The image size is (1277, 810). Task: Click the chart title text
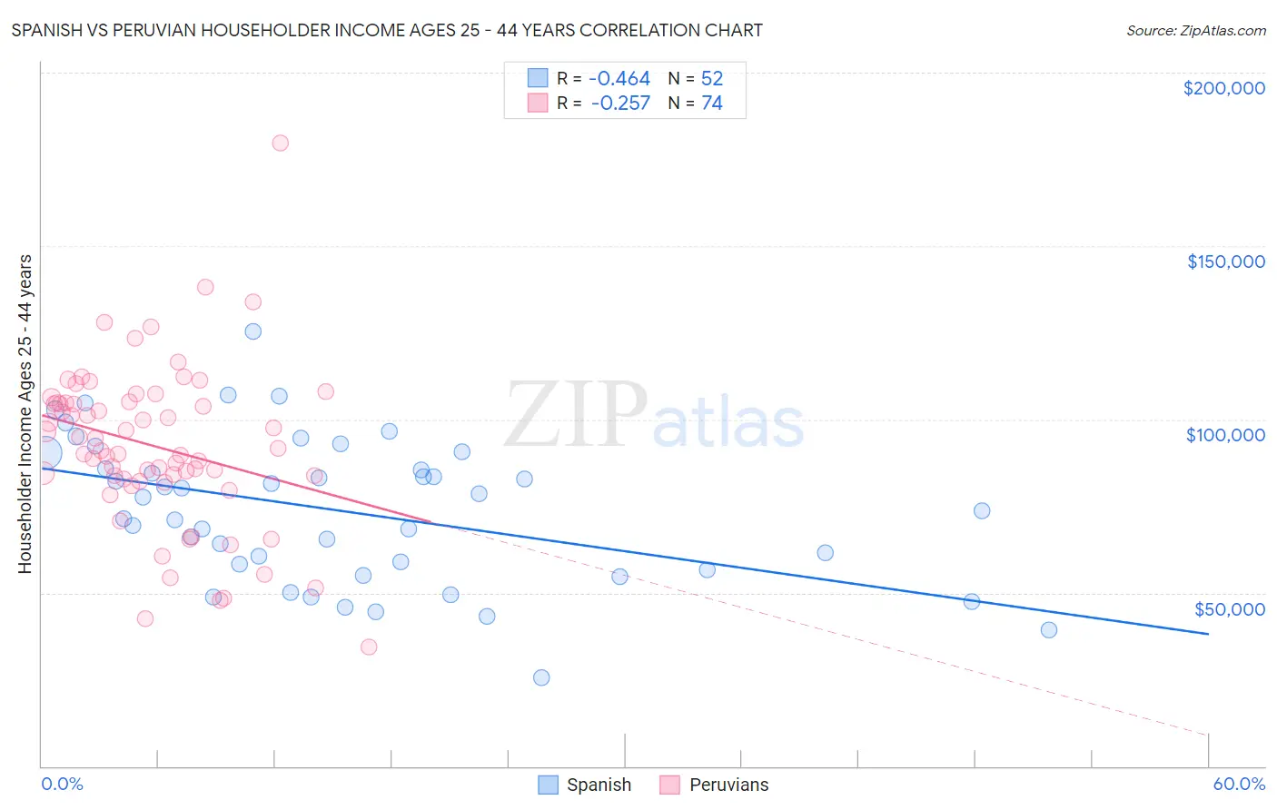387,30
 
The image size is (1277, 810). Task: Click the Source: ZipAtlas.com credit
1195,30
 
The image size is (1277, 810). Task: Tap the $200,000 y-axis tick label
1223,88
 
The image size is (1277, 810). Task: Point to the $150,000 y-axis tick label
1225,262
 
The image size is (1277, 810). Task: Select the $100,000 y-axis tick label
1225,435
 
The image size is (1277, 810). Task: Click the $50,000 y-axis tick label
1229,608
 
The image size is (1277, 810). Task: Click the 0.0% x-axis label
62,784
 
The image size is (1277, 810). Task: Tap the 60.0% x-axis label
1238,784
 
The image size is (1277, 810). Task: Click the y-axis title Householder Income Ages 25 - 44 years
25,414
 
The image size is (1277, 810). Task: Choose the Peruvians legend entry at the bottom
714,785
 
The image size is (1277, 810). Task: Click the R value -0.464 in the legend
620,78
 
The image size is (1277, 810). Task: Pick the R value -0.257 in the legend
620,103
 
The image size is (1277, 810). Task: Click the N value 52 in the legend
712,78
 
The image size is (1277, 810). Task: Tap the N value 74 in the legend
712,103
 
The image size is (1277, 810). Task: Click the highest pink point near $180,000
281,143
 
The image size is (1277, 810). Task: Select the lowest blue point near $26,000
541,677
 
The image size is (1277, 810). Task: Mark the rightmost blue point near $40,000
1049,630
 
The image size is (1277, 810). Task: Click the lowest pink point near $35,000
369,647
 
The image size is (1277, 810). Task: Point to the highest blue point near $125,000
253,331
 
